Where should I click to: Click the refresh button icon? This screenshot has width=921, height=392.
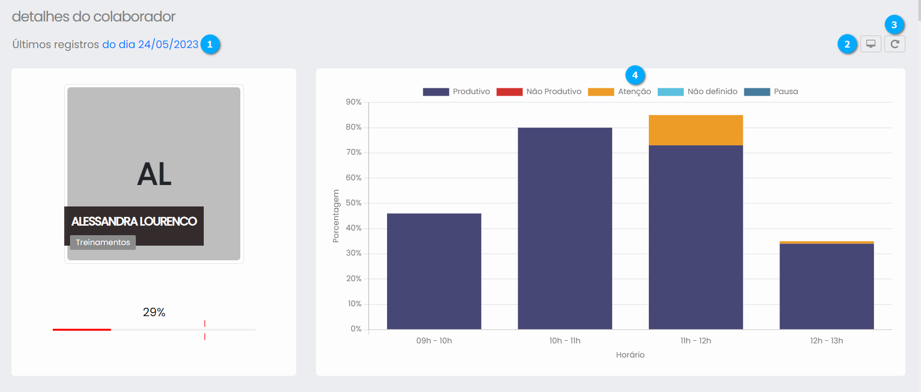pyautogui.click(x=894, y=44)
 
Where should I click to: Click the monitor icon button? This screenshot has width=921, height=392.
pyautogui.click(x=871, y=44)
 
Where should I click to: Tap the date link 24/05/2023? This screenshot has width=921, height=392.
pyautogui.click(x=150, y=44)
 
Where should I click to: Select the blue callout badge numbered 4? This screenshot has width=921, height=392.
pyautogui.click(x=635, y=75)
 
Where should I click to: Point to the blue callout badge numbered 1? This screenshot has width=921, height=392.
pyautogui.click(x=210, y=44)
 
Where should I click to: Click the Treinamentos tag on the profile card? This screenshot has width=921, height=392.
pyautogui.click(x=103, y=243)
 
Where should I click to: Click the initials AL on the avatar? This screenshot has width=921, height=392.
pyautogui.click(x=154, y=174)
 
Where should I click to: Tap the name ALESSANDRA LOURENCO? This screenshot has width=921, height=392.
pyautogui.click(x=134, y=222)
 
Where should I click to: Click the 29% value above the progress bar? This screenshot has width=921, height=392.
pyautogui.click(x=154, y=312)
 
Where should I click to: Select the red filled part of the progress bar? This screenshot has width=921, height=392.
pyautogui.click(x=81, y=330)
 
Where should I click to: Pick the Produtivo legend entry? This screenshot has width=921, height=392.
pyautogui.click(x=457, y=91)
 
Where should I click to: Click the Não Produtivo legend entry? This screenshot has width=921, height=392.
pyautogui.click(x=539, y=91)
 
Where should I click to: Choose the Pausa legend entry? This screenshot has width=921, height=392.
pyautogui.click(x=771, y=91)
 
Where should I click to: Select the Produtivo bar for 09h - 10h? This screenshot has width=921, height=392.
pyautogui.click(x=434, y=271)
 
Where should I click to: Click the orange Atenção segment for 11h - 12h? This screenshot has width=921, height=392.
pyautogui.click(x=696, y=130)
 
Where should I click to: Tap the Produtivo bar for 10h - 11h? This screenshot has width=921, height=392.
pyautogui.click(x=565, y=228)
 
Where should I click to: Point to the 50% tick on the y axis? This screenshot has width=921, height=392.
pyautogui.click(x=354, y=203)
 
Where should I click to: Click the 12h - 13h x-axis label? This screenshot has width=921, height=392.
pyautogui.click(x=826, y=341)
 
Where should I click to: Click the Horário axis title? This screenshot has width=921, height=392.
pyautogui.click(x=630, y=355)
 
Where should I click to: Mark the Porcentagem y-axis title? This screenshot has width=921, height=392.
pyautogui.click(x=336, y=216)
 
